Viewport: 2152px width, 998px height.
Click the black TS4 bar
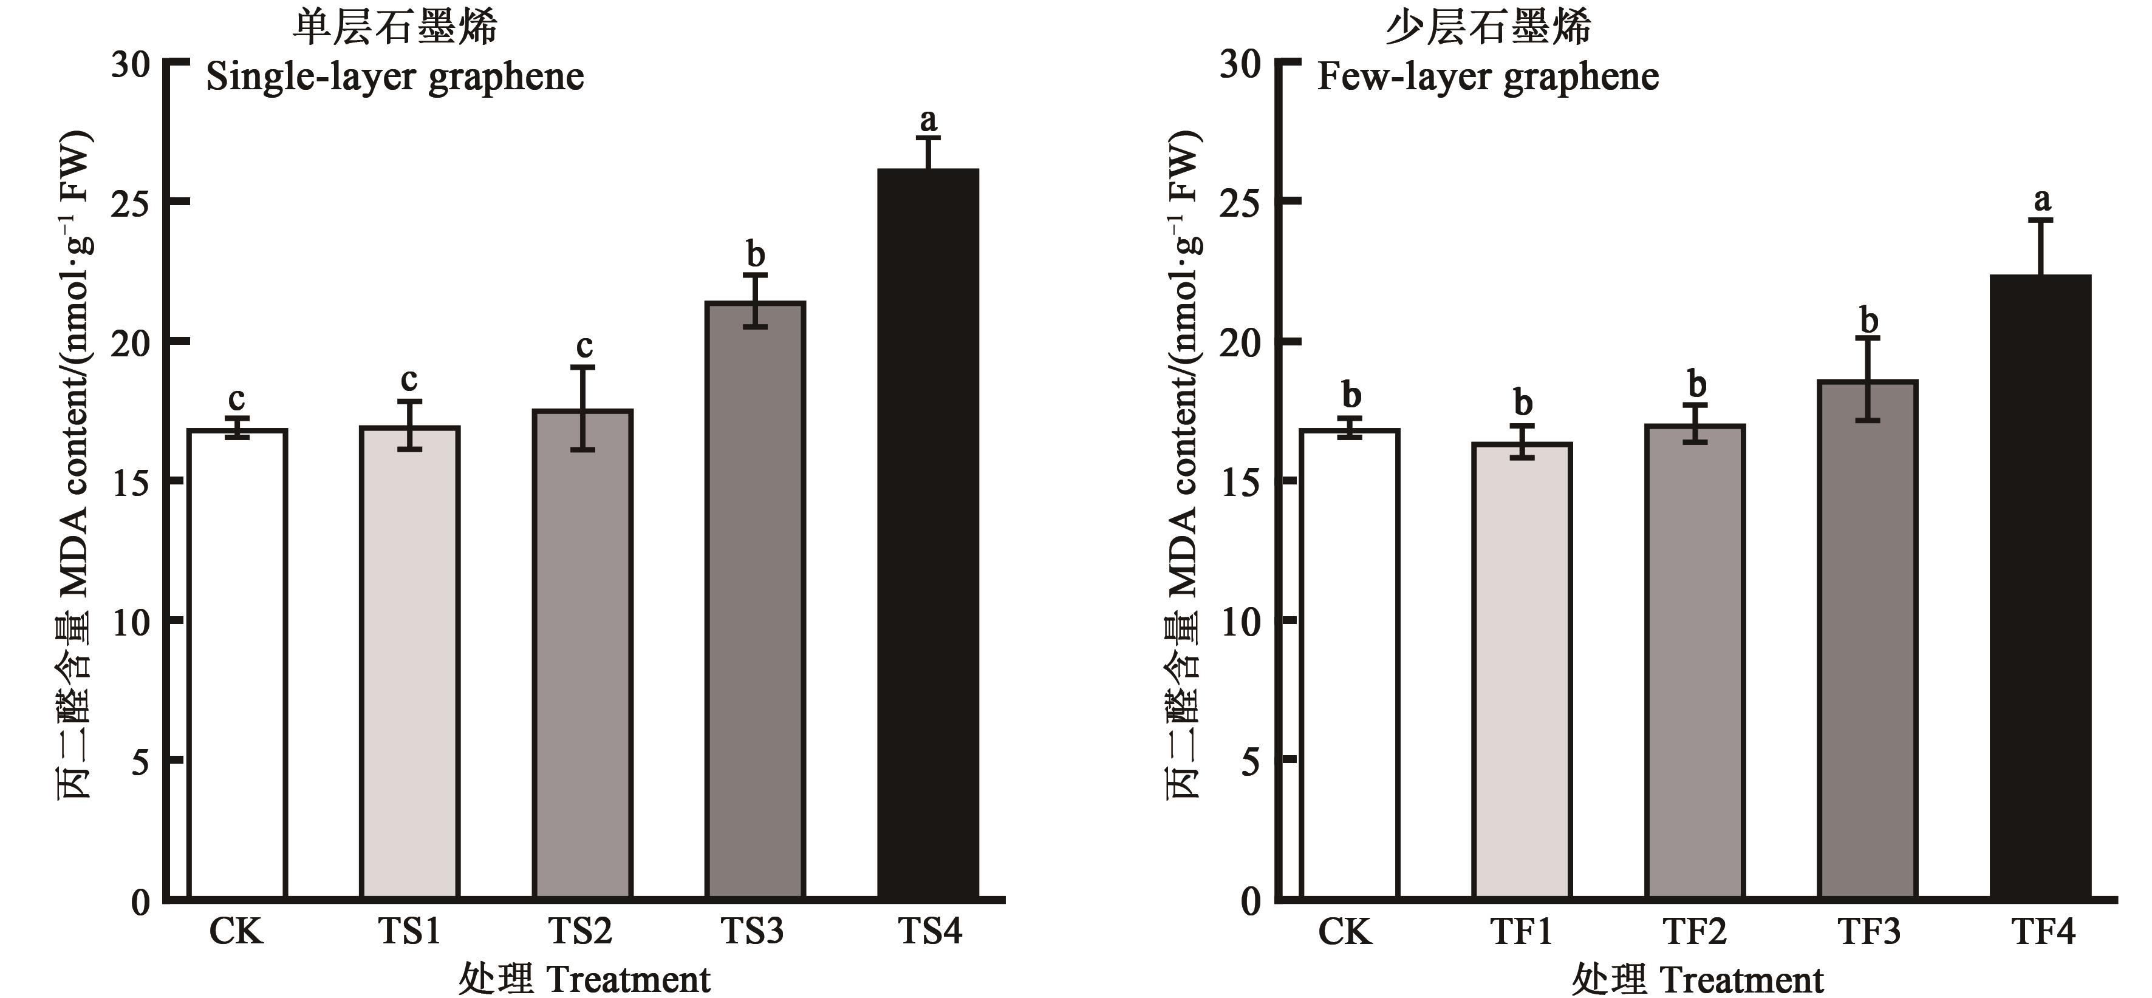[927, 534]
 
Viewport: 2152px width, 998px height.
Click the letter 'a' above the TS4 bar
[927, 121]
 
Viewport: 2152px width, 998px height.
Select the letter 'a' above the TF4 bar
[2041, 200]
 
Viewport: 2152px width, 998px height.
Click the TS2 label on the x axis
[581, 931]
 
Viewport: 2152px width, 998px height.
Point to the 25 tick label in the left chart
[131, 203]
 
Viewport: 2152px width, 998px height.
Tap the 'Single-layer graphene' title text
[395, 78]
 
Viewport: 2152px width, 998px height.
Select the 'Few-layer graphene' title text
[1488, 78]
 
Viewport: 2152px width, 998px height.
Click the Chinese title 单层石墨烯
[395, 27]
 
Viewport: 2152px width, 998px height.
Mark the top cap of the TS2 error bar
[582, 367]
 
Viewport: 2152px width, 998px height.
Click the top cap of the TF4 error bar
[2040, 220]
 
